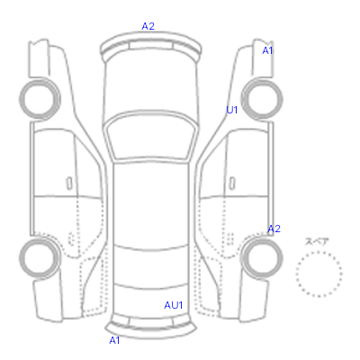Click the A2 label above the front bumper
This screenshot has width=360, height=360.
148,26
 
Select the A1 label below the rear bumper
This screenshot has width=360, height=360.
114,340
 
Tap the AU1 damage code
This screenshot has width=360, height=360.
174,305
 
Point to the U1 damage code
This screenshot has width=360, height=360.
232,110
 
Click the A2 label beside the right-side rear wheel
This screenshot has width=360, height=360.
274,229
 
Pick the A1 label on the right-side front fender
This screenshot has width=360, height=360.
267,51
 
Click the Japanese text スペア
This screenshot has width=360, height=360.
317,242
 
